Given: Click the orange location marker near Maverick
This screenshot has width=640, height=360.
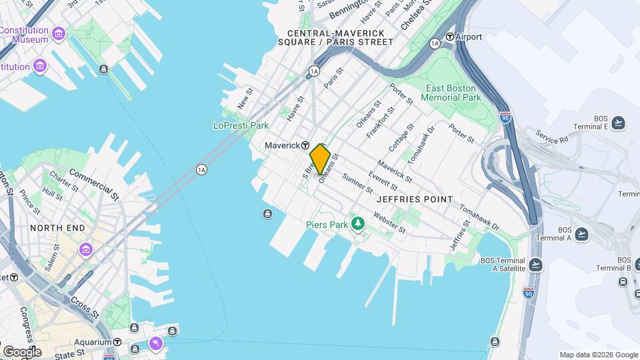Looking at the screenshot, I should pyautogui.click(x=321, y=160).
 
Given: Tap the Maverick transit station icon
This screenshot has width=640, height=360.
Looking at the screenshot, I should pyautogui.click(x=305, y=145).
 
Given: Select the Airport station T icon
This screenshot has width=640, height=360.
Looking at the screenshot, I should pyautogui.click(x=450, y=37).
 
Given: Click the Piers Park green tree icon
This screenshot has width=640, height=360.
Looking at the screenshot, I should pyautogui.click(x=357, y=223).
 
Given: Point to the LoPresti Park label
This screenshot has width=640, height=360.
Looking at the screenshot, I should pyautogui.click(x=241, y=125).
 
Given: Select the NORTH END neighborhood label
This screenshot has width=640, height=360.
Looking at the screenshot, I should pyautogui.click(x=57, y=228).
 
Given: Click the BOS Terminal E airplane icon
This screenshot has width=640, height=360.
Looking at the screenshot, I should pyautogui.click(x=619, y=122).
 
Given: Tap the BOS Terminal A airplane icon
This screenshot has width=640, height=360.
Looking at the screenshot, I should pyautogui.click(x=582, y=233).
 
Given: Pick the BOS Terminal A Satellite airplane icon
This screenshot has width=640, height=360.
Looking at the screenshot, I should pyautogui.click(x=536, y=265).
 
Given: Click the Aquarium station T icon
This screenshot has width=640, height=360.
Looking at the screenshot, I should pyautogui.click(x=117, y=342).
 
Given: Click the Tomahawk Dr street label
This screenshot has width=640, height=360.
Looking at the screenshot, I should pyautogui.click(x=421, y=146).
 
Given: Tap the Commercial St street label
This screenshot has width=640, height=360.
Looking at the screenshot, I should pyautogui.click(x=93, y=185).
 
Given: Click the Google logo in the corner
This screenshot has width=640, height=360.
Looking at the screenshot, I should pyautogui.click(x=22, y=351).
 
